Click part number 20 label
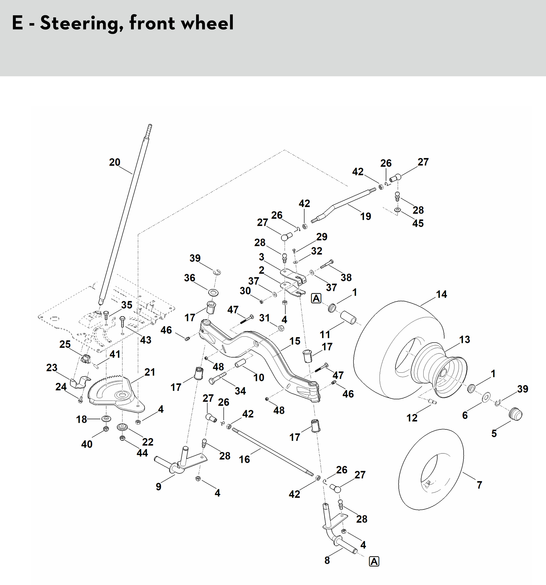click(115, 162)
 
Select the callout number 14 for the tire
click(441, 294)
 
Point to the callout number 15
click(295, 341)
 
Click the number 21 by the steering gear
click(150, 372)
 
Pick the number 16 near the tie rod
click(244, 459)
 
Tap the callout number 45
click(418, 223)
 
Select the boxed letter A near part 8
click(374, 561)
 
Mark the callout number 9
click(159, 487)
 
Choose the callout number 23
click(52, 367)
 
